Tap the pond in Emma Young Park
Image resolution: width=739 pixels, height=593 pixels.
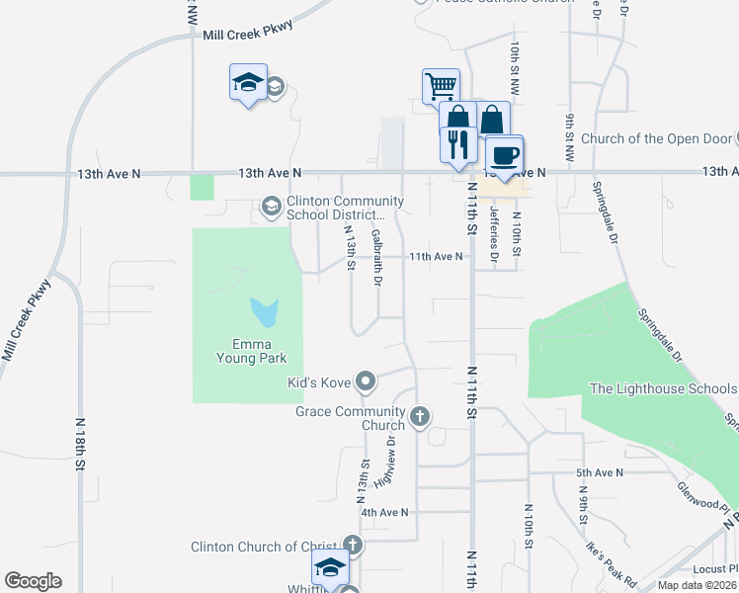[x=265, y=313]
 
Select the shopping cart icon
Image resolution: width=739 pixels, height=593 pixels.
[x=440, y=85]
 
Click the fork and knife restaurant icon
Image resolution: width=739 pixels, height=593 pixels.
[x=457, y=144]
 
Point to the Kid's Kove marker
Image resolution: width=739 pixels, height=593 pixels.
[x=367, y=381]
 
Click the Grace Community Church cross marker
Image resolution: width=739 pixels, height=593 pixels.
[x=420, y=416]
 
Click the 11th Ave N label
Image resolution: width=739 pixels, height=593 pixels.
[x=436, y=257]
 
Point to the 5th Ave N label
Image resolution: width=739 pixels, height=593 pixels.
[x=601, y=473]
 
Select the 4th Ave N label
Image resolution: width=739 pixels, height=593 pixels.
[x=384, y=513]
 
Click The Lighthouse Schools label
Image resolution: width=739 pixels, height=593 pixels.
[x=662, y=389]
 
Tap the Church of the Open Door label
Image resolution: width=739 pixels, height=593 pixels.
[x=657, y=138]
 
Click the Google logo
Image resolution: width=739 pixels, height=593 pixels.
[x=33, y=581]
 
